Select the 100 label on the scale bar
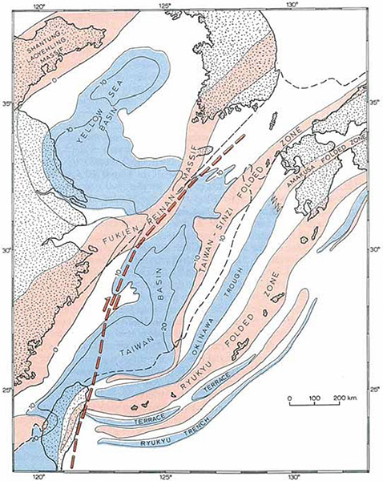[315, 398]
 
